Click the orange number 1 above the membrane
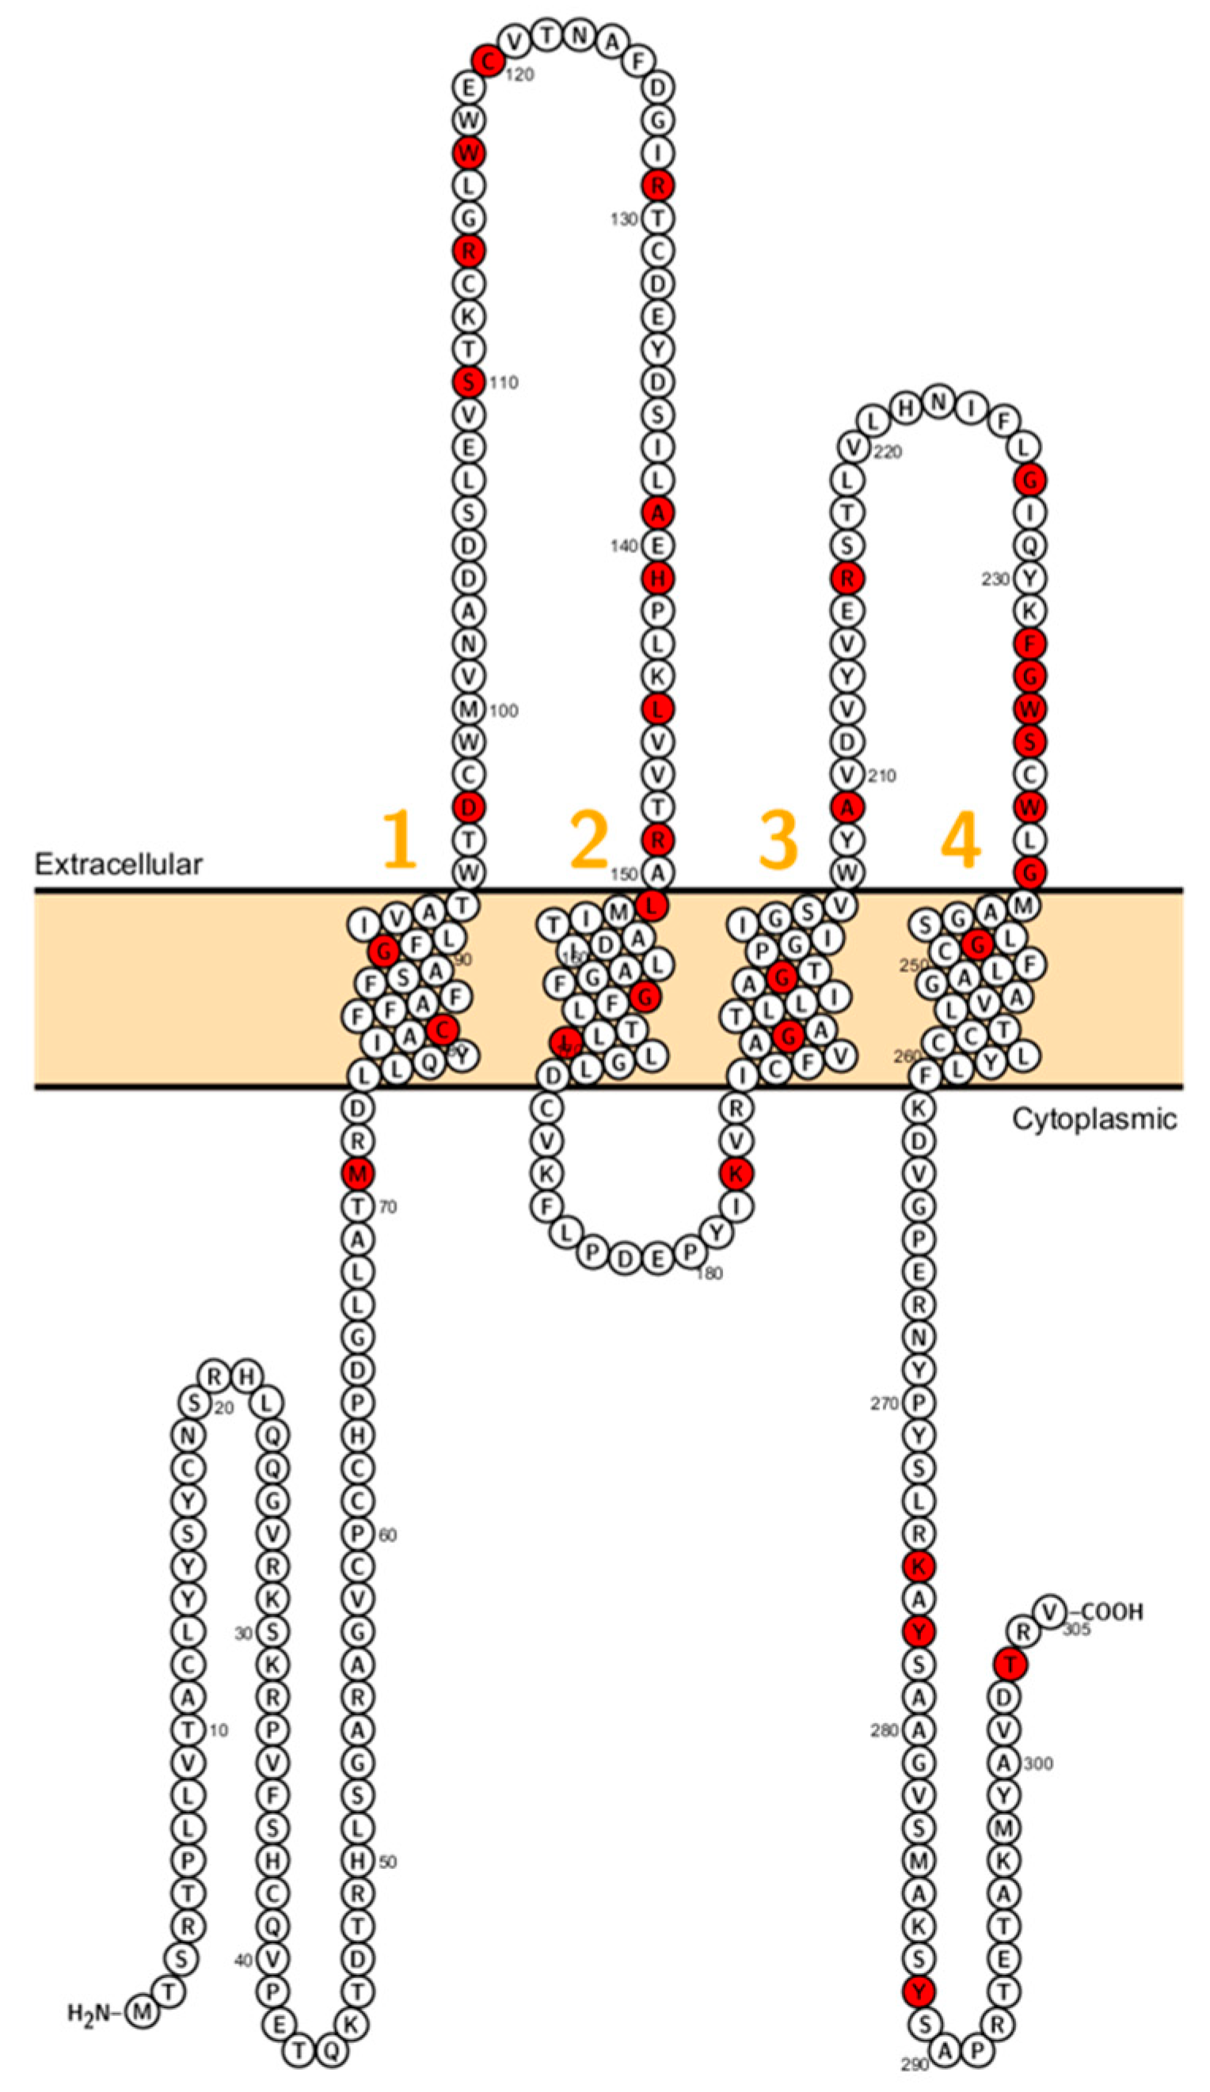click(x=398, y=839)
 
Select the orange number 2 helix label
click(x=590, y=839)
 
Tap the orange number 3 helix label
click(x=778, y=839)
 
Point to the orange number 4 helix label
click(x=960, y=841)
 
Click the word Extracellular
click(x=118, y=864)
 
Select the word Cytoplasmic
click(x=1093, y=1118)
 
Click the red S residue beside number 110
click(x=468, y=382)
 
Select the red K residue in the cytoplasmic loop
click(x=736, y=1172)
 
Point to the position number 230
click(x=995, y=579)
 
